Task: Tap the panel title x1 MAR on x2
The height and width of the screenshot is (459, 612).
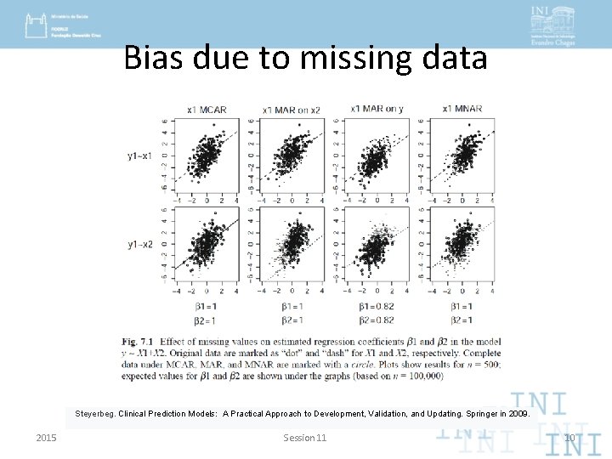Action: click(292, 109)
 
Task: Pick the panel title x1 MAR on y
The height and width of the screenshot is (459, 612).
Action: click(376, 108)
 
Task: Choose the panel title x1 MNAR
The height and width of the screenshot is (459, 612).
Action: click(462, 108)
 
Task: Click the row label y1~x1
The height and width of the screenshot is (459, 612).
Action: click(140, 156)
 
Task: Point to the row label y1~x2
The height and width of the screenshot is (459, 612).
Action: click(140, 245)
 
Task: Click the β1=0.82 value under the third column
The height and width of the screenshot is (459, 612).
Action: click(377, 306)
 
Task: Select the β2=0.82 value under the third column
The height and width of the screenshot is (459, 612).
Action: click(377, 320)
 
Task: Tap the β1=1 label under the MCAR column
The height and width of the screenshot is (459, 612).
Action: click(207, 306)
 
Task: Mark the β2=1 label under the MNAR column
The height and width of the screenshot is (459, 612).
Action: click(462, 320)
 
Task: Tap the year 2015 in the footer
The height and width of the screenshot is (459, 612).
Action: click(47, 438)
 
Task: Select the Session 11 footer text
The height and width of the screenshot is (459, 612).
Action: click(305, 438)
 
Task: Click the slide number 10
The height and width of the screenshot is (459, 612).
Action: click(569, 439)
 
